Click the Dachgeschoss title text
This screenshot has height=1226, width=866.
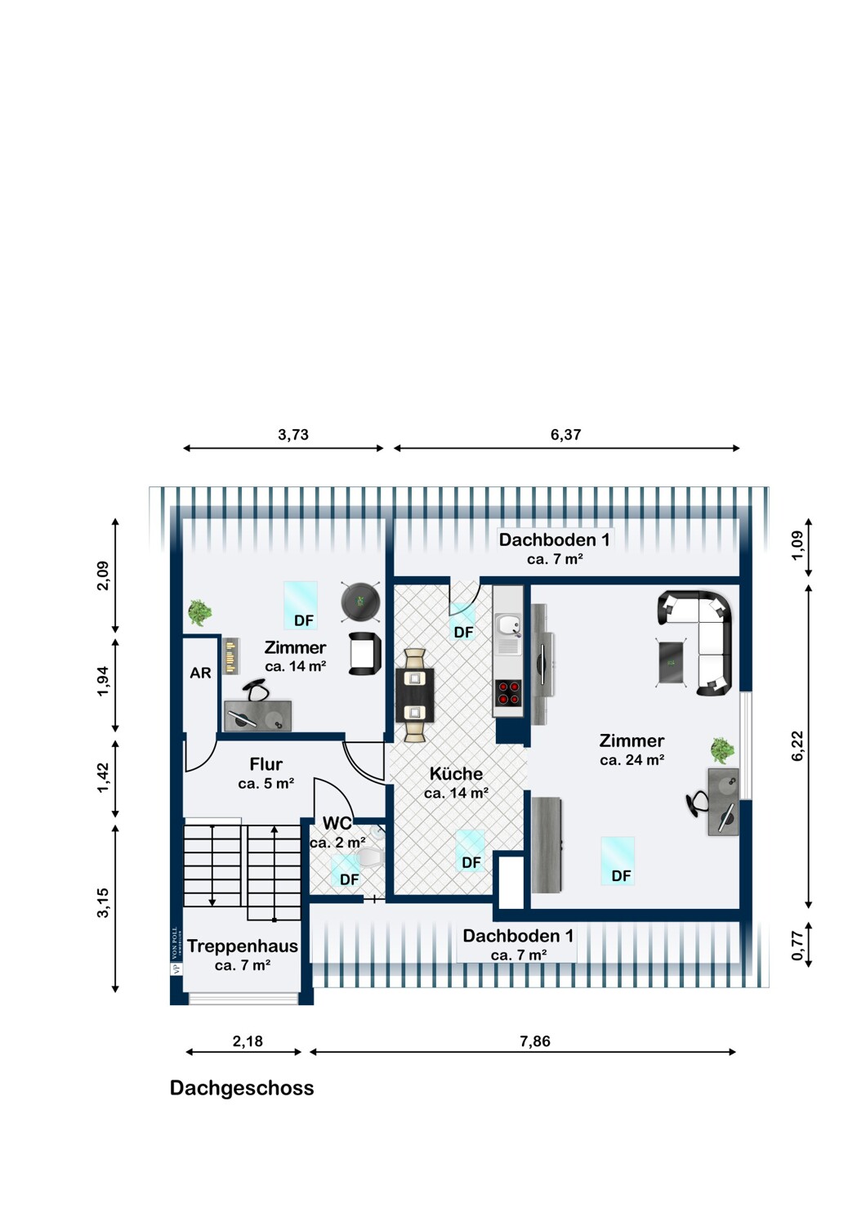(x=242, y=1088)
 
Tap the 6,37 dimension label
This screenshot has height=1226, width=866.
(x=565, y=435)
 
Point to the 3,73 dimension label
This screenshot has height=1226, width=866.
(x=293, y=435)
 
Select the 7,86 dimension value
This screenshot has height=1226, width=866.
(x=535, y=1041)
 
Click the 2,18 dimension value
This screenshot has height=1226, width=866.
(x=248, y=1041)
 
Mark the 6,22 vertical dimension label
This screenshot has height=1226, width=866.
(x=797, y=745)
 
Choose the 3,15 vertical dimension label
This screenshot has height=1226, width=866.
(x=102, y=902)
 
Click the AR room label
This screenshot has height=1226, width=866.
(x=200, y=673)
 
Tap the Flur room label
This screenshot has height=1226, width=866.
(x=266, y=763)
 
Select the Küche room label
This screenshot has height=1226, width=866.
(x=456, y=773)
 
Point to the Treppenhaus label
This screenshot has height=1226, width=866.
(x=243, y=946)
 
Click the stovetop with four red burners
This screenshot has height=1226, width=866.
(x=507, y=693)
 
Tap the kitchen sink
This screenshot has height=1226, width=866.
(x=508, y=633)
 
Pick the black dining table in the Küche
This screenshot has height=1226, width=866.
(x=415, y=695)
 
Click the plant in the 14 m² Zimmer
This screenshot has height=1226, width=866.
(x=199, y=612)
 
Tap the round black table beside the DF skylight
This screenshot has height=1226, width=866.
(x=359, y=602)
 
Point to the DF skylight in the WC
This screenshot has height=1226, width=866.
(x=346, y=871)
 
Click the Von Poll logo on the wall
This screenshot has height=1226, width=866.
(x=176, y=951)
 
